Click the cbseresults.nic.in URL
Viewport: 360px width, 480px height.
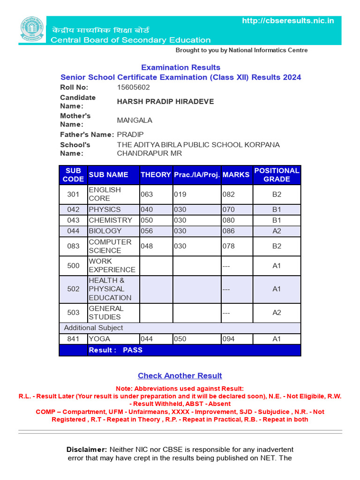click(x=288, y=21)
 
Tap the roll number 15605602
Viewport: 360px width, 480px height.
click(x=133, y=88)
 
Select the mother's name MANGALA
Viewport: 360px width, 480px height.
click(x=135, y=120)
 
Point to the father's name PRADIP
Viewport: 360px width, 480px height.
click(x=130, y=135)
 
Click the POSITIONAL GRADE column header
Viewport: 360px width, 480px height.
click(x=277, y=175)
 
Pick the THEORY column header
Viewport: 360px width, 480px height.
click(x=156, y=175)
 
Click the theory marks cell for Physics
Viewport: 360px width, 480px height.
click(x=147, y=210)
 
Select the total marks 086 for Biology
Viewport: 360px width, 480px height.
click(x=229, y=231)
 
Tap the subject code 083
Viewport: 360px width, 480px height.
click(x=73, y=246)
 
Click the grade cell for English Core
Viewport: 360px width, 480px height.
click(x=277, y=194)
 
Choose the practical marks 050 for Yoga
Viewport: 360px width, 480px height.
click(x=180, y=339)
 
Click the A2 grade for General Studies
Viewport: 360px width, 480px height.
click(x=277, y=313)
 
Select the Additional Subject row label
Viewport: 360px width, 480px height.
click(x=93, y=328)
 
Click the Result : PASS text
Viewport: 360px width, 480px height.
click(x=115, y=350)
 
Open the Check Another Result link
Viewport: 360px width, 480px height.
click(x=180, y=376)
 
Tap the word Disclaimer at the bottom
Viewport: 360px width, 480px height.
click(x=87, y=450)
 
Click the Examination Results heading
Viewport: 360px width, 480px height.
click(x=180, y=67)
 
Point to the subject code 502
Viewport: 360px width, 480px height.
click(x=73, y=289)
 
